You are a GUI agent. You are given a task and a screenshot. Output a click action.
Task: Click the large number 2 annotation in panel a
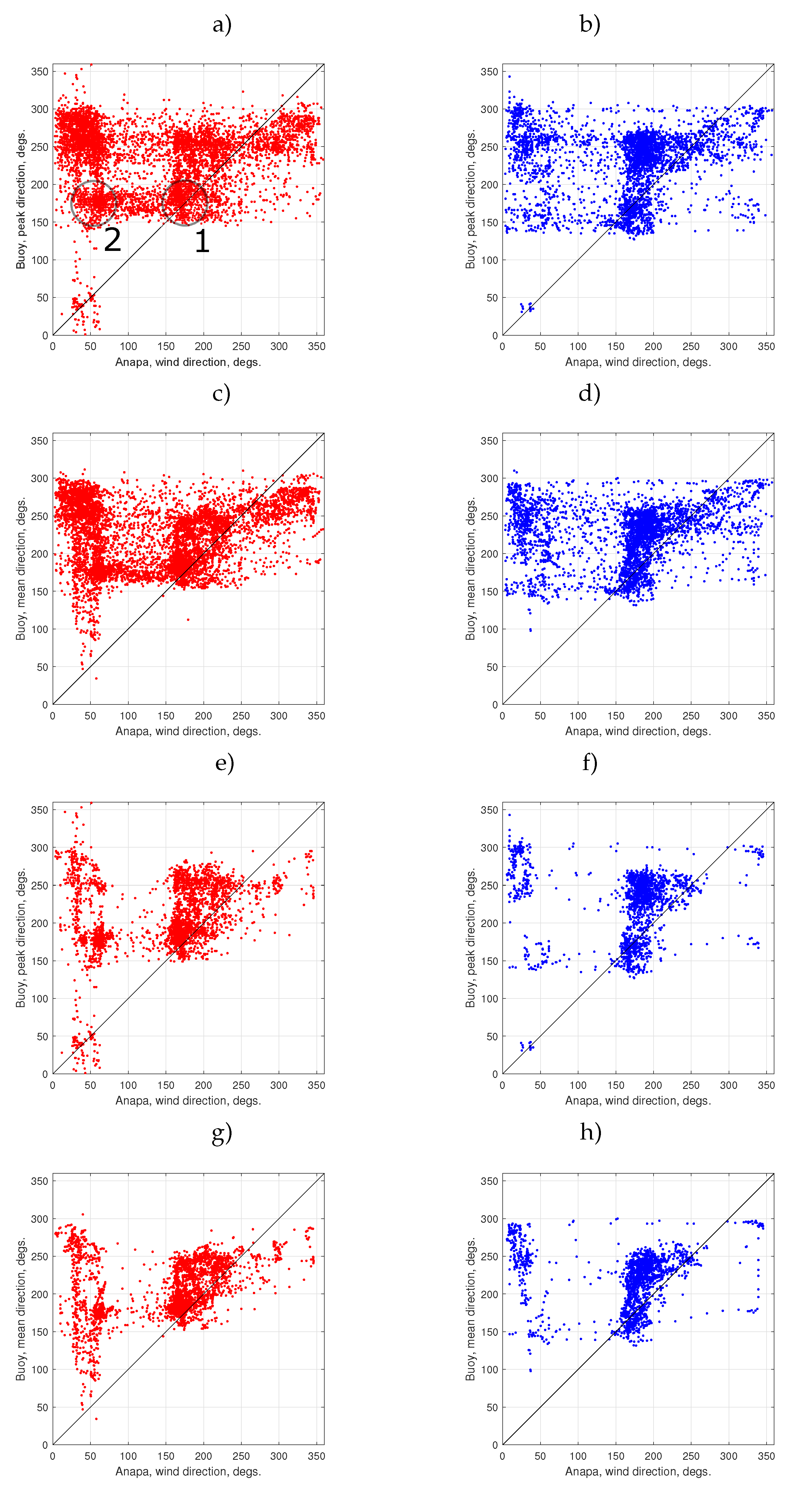[112, 240]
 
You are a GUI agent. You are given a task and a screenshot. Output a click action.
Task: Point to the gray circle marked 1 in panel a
[185, 203]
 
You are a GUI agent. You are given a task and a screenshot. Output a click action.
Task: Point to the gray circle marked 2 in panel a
[93, 203]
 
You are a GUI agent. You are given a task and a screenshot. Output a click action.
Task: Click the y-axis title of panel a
[21, 200]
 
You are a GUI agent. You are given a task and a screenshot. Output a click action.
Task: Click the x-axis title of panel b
[637, 362]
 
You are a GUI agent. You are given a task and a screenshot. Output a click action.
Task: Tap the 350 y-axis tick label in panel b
[489, 72]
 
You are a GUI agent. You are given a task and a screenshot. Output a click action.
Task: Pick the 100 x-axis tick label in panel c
[128, 716]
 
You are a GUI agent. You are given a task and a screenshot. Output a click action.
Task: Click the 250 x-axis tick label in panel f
[691, 1085]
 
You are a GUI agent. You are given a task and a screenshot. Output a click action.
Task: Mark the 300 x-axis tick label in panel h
[728, 1456]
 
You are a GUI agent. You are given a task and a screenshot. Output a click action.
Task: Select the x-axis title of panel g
[188, 1471]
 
